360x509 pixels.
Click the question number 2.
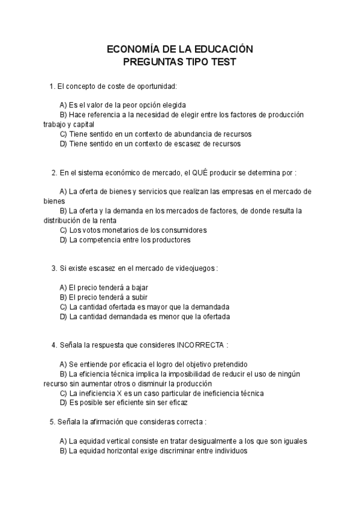[54, 172]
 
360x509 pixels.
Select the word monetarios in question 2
[124, 230]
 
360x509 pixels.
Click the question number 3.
[54, 268]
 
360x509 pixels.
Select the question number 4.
[54, 345]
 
